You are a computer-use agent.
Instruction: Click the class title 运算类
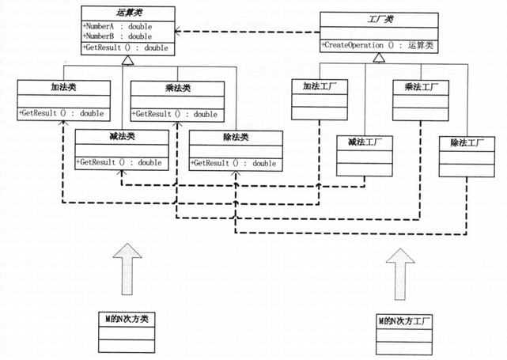[128, 13]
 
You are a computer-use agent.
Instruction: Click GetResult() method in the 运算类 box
[124, 47]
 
